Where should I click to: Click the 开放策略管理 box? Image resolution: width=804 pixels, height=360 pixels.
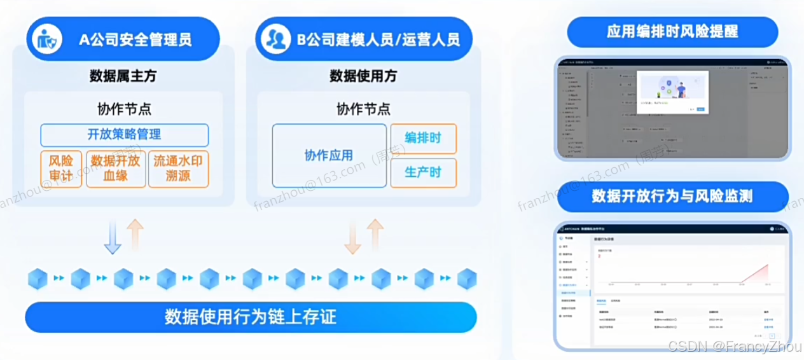125,135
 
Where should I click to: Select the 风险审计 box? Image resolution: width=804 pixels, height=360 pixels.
61,169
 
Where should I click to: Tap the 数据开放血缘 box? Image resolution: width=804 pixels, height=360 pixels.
116,169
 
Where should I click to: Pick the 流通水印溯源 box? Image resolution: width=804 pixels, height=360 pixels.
178,169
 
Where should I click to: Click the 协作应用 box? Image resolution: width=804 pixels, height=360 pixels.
329,156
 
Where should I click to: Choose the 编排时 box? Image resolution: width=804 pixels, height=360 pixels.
423,139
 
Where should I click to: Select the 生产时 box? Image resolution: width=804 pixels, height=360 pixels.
423,173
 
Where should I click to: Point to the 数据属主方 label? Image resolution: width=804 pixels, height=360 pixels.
123,76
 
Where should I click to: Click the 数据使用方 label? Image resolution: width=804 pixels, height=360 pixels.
363,76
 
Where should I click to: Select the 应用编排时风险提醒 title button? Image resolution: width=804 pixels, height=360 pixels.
672,32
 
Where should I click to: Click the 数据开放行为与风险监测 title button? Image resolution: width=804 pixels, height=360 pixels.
672,197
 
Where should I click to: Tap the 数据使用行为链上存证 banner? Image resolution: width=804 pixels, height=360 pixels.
251,316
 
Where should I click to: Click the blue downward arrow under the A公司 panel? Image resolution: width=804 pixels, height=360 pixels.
113,237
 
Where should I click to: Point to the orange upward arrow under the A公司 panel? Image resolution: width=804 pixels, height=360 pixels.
135,234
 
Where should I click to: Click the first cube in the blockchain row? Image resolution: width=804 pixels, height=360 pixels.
38,279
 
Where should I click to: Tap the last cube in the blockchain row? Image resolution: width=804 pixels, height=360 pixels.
467,279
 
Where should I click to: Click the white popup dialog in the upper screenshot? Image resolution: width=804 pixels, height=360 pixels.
672,92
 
